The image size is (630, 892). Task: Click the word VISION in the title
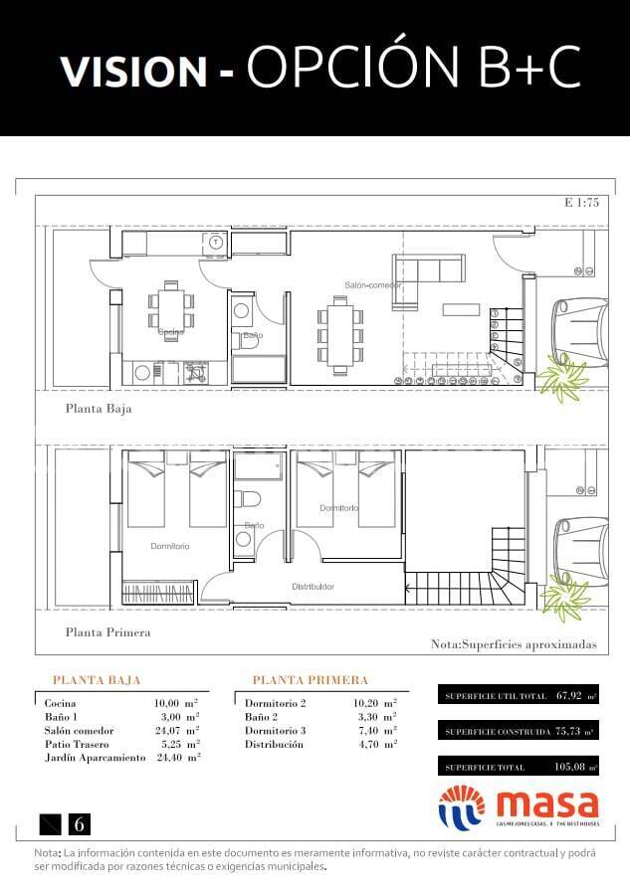click(x=132, y=70)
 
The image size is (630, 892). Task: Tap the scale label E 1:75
click(x=581, y=203)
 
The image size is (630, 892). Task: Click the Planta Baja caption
click(x=99, y=408)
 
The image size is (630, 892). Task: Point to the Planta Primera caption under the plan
click(x=107, y=631)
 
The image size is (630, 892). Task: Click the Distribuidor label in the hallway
click(x=313, y=586)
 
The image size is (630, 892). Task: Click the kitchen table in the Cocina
click(x=172, y=307)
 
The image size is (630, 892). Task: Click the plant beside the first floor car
click(x=563, y=598)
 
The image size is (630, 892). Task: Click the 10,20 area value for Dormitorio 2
click(x=368, y=703)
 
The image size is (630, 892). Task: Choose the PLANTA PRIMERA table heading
click(x=311, y=680)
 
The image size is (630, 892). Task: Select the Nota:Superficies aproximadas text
click(x=514, y=644)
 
